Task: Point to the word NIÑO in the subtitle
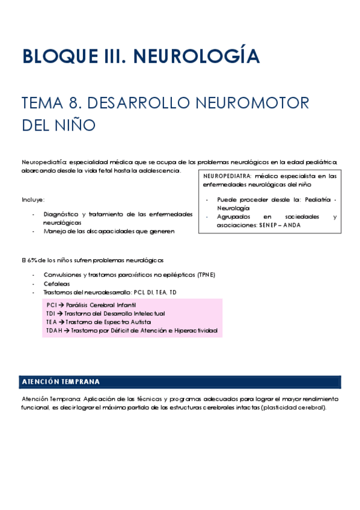coord(76,126)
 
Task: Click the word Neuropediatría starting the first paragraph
coord(44,162)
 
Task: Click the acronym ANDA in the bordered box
coord(293,225)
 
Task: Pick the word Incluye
coord(33,199)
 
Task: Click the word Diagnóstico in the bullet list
coord(62,214)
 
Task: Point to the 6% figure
coord(31,260)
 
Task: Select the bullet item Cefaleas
coord(56,283)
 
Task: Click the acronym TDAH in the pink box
coord(53,331)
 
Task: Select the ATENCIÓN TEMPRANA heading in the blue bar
coord(61,382)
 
